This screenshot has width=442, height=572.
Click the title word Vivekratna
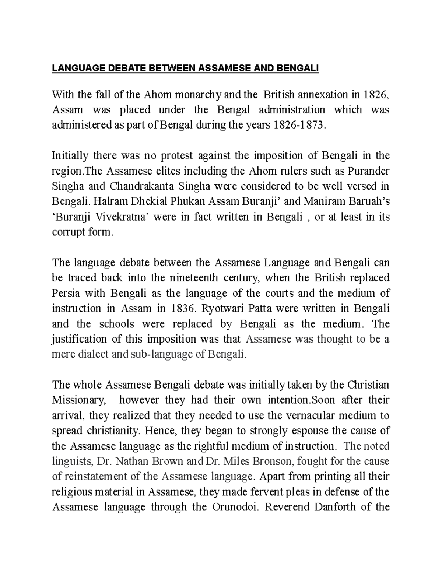(122, 217)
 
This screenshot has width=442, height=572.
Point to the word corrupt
(69, 232)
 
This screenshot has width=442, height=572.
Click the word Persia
(65, 294)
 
